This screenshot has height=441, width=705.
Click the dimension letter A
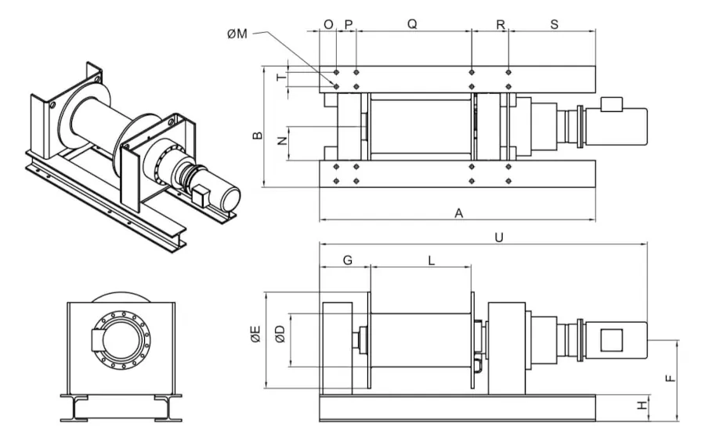pyautogui.click(x=458, y=212)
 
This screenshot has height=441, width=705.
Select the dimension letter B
pyautogui.click(x=256, y=136)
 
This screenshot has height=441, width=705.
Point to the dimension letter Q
pyautogui.click(x=412, y=24)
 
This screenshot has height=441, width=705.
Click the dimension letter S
pyautogui.click(x=554, y=24)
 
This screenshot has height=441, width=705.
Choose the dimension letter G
pyautogui.click(x=347, y=261)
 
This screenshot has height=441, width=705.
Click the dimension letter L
pyautogui.click(x=432, y=261)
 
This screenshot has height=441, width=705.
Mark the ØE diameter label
pyautogui.click(x=255, y=338)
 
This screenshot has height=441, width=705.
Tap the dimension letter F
pyautogui.click(x=669, y=378)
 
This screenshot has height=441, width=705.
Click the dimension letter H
pyautogui.click(x=642, y=406)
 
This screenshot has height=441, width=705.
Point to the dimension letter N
pyautogui.click(x=281, y=142)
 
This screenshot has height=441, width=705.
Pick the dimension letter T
pyautogui.click(x=281, y=78)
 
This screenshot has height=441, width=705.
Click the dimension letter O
pyautogui.click(x=328, y=24)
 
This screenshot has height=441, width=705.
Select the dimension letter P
pyautogui.click(x=349, y=24)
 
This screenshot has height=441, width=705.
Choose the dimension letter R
pyautogui.click(x=501, y=24)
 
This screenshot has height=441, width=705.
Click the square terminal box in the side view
pyautogui.click(x=610, y=341)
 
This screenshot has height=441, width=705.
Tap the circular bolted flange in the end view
pyautogui.click(x=121, y=340)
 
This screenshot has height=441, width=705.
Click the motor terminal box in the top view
pyautogui.click(x=611, y=103)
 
